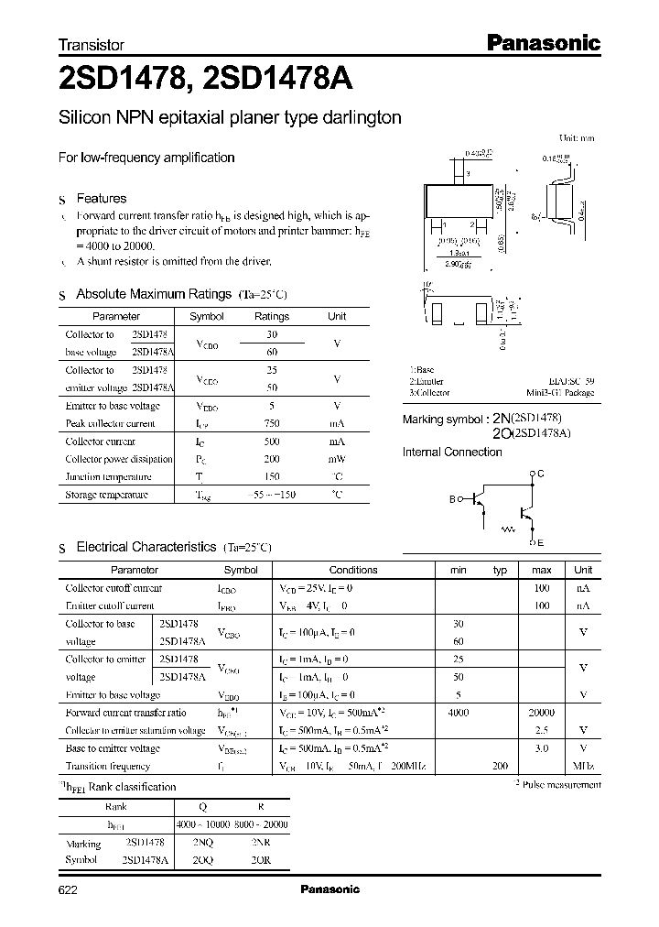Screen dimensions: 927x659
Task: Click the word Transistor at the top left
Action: [x=91, y=45]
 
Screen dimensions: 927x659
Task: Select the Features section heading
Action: [x=101, y=198]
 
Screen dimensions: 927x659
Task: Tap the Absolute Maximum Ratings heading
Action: [x=153, y=294]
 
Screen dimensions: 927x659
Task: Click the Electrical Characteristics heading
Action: [x=146, y=547]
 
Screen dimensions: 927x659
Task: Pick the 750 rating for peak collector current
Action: [x=271, y=423]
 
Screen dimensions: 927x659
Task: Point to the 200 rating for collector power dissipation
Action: [x=271, y=459]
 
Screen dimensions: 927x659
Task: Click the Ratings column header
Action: [x=271, y=316]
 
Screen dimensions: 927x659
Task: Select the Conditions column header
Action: [x=352, y=570]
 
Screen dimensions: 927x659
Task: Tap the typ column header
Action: [x=500, y=570]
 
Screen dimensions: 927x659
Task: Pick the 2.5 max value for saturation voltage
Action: [x=541, y=730]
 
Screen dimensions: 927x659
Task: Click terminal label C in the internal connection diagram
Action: [x=540, y=473]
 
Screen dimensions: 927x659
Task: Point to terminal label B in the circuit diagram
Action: [x=451, y=499]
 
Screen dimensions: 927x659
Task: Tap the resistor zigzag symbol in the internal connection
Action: [x=507, y=529]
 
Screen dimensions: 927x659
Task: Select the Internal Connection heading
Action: [x=452, y=452]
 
